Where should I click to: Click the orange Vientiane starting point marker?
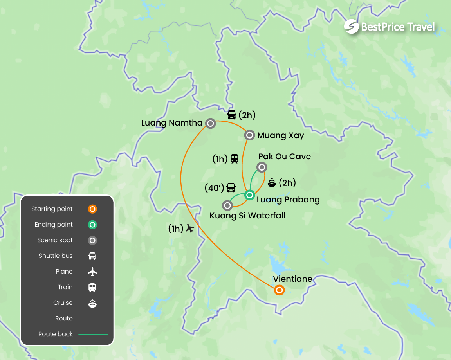pyautogui.click(x=279, y=290)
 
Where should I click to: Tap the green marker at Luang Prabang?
pyautogui.click(x=249, y=194)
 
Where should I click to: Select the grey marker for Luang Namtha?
pyautogui.click(x=210, y=124)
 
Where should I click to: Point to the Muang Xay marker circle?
pyautogui.click(x=249, y=135)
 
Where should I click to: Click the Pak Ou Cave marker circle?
pyautogui.click(x=262, y=168)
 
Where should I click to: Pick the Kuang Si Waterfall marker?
pyautogui.click(x=227, y=205)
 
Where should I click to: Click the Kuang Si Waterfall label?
pyautogui.click(x=247, y=216)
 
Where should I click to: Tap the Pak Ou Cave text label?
pyautogui.click(x=284, y=157)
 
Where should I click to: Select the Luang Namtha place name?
pyautogui.click(x=171, y=123)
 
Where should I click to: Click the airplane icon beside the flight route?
pyautogui.click(x=190, y=228)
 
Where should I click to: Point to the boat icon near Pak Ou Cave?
pyautogui.click(x=272, y=182)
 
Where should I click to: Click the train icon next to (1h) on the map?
pyautogui.click(x=234, y=158)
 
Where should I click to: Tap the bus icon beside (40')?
pyautogui.click(x=231, y=188)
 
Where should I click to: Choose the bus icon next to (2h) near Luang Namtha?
pyautogui.click(x=232, y=115)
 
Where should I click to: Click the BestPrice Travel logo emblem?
pyautogui.click(x=351, y=27)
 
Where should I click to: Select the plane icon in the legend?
pyautogui.click(x=92, y=272)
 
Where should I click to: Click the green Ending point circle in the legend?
pyautogui.click(x=92, y=225)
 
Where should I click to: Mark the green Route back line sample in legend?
pyautogui.click(x=93, y=335)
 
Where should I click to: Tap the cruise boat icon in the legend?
pyautogui.click(x=92, y=303)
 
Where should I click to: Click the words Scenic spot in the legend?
pyautogui.click(x=55, y=240)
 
